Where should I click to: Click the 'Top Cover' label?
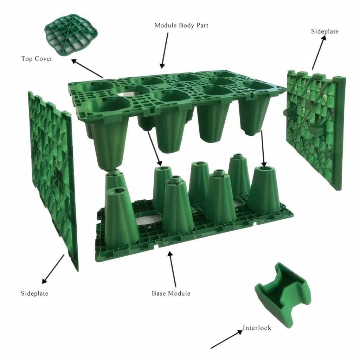[37, 59]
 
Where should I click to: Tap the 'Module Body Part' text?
[181, 25]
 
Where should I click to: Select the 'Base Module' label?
[171, 293]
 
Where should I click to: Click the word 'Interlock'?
[257, 328]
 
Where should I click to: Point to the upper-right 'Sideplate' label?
[324, 31]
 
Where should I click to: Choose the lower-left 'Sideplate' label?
[34, 293]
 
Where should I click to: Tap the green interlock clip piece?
[283, 296]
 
